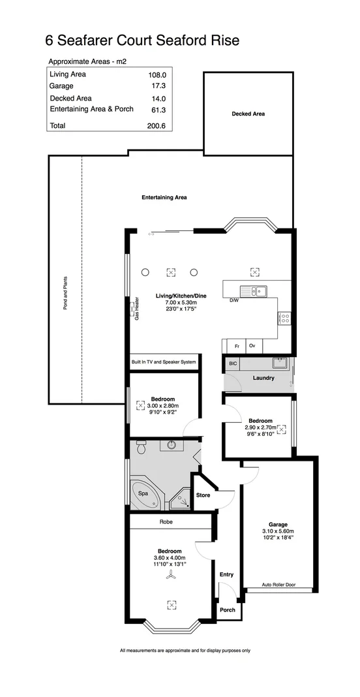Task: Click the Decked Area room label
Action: click(248, 114)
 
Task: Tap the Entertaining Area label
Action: click(165, 196)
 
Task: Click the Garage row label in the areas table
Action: click(61, 86)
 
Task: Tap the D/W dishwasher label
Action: click(233, 301)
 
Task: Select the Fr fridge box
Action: click(237, 346)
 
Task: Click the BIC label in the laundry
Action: click(232, 363)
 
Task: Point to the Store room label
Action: click(203, 495)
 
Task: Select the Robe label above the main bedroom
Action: click(166, 521)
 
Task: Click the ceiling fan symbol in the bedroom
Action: click(170, 575)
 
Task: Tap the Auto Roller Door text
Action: click(278, 585)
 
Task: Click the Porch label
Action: click(227, 610)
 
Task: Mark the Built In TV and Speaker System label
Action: click(164, 362)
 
